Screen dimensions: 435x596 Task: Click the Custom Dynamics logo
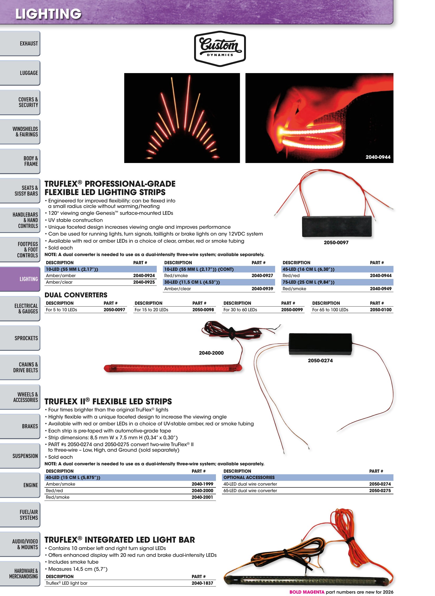click(220, 49)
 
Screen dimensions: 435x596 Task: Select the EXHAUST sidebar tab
click(20, 43)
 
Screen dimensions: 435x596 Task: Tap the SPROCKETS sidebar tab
click(20, 338)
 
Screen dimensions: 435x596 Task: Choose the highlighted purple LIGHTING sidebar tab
click(20, 279)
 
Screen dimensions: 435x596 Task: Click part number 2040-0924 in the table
click(144, 276)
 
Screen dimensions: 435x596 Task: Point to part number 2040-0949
click(381, 289)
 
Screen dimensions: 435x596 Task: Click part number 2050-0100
click(381, 310)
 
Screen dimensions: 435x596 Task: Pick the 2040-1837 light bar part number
click(202, 583)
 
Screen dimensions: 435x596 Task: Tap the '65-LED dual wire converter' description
click(250, 491)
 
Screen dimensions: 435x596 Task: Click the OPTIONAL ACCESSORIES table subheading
click(249, 477)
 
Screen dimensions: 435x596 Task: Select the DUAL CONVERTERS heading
click(76, 295)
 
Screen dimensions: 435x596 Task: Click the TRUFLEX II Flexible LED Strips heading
click(108, 401)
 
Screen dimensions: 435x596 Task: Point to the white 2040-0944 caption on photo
click(378, 157)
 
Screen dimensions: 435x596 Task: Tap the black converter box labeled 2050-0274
click(320, 344)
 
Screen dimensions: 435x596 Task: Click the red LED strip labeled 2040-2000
click(173, 368)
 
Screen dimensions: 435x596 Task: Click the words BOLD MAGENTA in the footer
click(307, 592)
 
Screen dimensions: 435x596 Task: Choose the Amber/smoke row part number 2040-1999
click(202, 484)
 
